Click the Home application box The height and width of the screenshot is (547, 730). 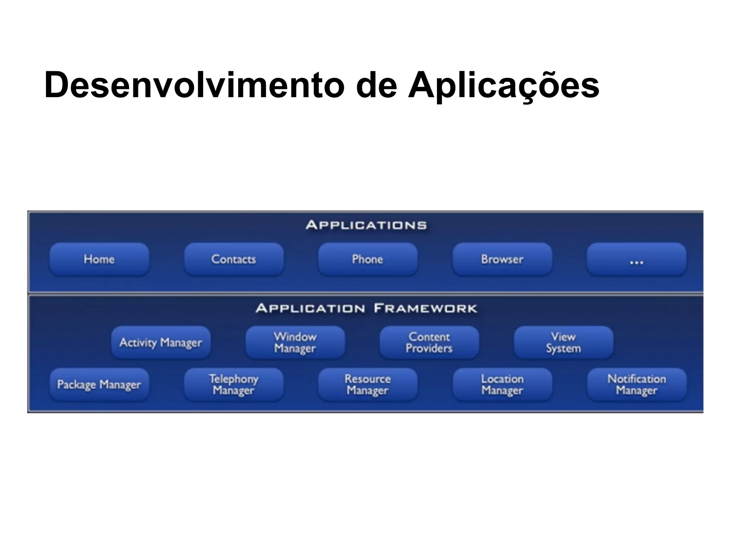(x=99, y=259)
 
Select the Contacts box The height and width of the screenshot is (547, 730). (x=234, y=259)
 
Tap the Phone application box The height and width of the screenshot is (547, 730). (x=367, y=259)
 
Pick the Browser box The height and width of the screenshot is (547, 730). (x=502, y=259)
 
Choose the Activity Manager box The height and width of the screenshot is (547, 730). (x=161, y=343)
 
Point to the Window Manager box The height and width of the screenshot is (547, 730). (x=295, y=343)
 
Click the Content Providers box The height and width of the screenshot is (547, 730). (x=429, y=343)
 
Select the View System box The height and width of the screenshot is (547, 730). (x=564, y=343)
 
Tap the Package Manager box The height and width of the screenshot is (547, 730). (x=99, y=385)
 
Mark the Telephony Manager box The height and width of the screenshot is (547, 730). (x=234, y=385)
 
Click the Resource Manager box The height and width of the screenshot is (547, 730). (x=367, y=385)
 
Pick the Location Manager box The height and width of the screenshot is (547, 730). (x=502, y=385)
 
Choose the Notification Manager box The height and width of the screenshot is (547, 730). (x=637, y=385)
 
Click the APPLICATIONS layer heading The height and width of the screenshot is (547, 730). (x=366, y=225)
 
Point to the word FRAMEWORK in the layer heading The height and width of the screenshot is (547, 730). (x=425, y=308)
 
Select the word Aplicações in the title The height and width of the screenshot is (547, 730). (x=503, y=85)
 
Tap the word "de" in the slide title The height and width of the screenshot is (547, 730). (x=376, y=85)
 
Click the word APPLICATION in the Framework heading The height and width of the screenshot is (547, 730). (x=310, y=308)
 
